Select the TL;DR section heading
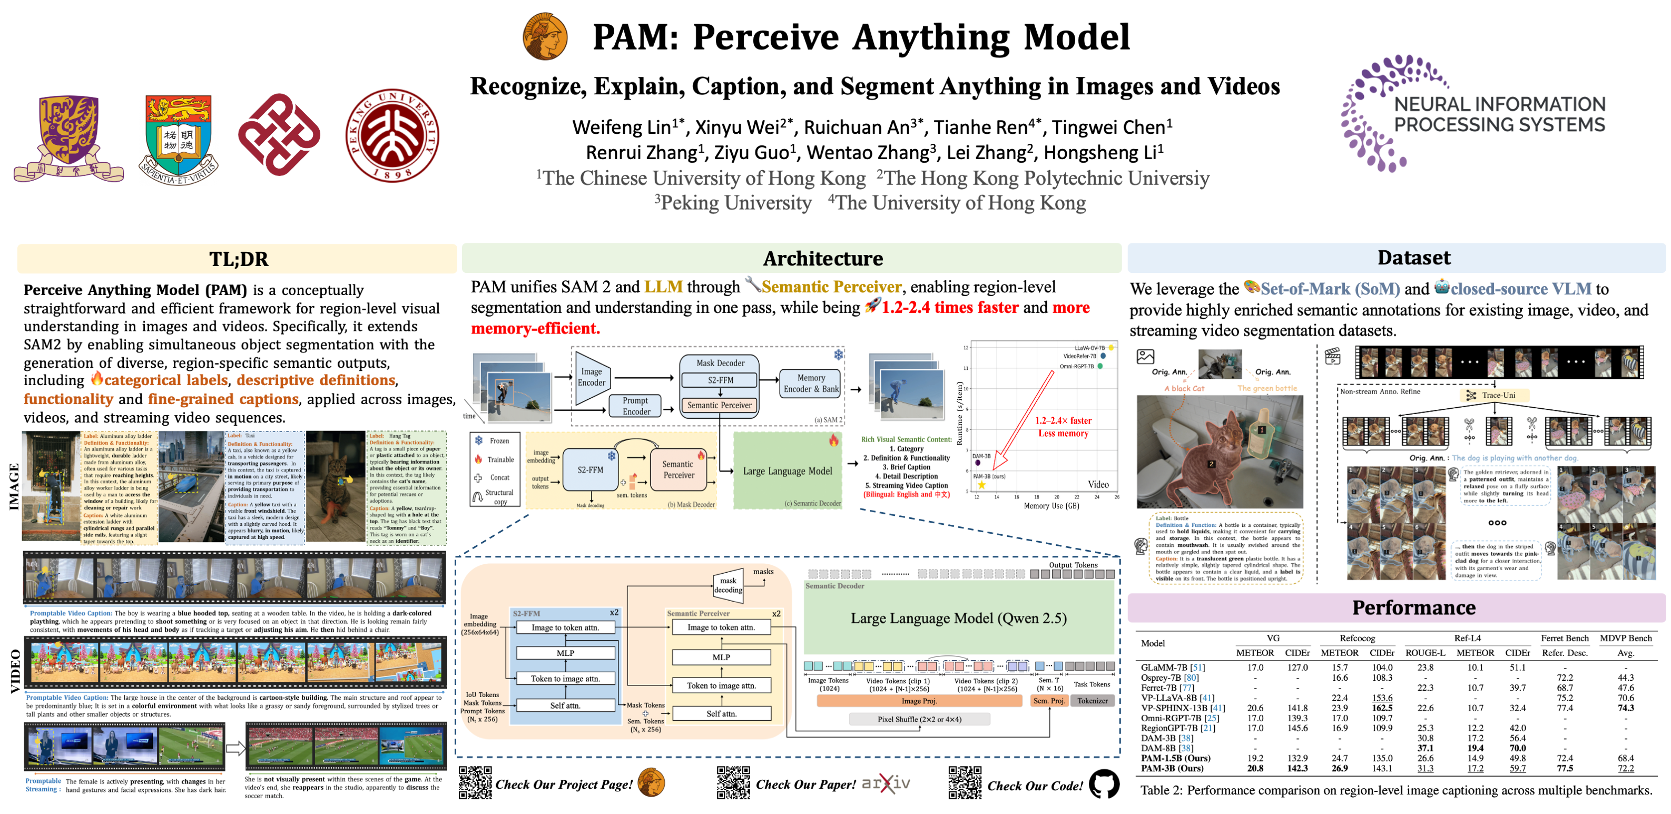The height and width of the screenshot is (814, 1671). [238, 259]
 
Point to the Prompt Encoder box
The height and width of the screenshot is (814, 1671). [636, 406]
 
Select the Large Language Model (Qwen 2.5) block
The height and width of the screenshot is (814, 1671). [958, 618]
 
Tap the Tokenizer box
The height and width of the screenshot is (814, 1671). [1093, 701]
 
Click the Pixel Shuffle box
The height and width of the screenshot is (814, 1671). [919, 719]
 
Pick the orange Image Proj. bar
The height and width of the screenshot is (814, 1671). [919, 701]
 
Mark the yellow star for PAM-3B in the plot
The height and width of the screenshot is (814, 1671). [981, 485]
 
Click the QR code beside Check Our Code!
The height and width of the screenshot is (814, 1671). [965, 783]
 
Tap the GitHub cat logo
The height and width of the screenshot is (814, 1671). [1104, 783]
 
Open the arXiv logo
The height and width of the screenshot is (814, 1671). [886, 783]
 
